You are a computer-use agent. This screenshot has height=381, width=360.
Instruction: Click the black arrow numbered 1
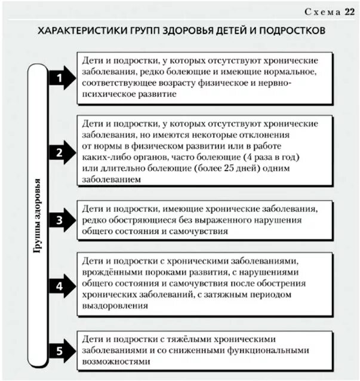click(61, 78)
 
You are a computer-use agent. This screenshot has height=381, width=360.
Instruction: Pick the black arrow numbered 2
click(61, 152)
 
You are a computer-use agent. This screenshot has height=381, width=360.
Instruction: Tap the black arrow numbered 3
click(61, 220)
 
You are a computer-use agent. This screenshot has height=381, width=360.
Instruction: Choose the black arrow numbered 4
click(61, 285)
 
